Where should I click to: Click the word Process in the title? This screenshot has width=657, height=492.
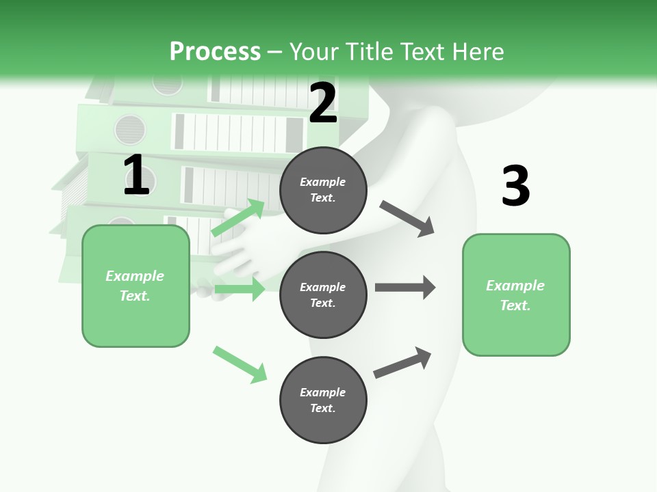pyautogui.click(x=215, y=51)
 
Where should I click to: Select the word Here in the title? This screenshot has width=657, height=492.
pyautogui.click(x=477, y=51)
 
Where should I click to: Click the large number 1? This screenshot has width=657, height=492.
pyautogui.click(x=136, y=176)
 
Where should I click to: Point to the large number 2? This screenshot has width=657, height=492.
pyautogui.click(x=323, y=103)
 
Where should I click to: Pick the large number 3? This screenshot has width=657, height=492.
pyautogui.click(x=515, y=187)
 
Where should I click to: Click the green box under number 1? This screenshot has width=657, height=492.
pyautogui.click(x=136, y=286)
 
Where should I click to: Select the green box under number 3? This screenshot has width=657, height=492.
pyautogui.click(x=516, y=295)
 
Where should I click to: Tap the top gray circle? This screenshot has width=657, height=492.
pyautogui.click(x=323, y=189)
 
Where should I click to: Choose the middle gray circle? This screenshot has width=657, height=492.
pyautogui.click(x=323, y=295)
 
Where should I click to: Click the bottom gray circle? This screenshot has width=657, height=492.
pyautogui.click(x=323, y=400)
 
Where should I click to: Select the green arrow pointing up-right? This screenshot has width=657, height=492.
pyautogui.click(x=238, y=218)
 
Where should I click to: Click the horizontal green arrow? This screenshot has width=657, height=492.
pyautogui.click(x=240, y=289)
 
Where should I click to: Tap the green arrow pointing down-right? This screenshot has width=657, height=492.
pyautogui.click(x=240, y=364)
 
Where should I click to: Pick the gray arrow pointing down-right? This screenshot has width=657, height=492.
pyautogui.click(x=407, y=219)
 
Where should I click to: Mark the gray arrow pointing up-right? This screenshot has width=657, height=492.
pyautogui.click(x=402, y=363)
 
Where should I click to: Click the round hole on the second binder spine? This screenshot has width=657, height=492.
pyautogui.click(x=130, y=128)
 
